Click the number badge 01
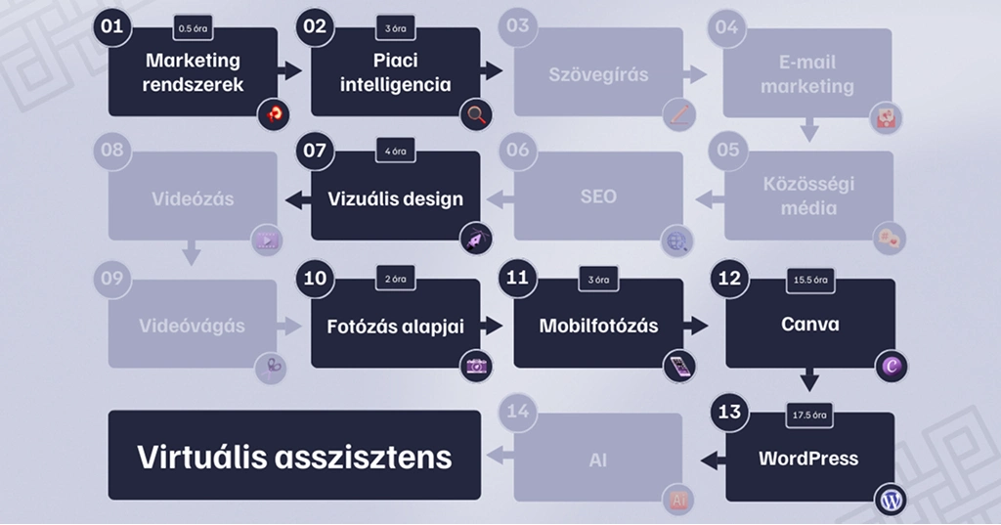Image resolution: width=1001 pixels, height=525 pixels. pyautogui.click(x=112, y=26)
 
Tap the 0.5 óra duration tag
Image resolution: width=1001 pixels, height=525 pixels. pyautogui.click(x=193, y=28)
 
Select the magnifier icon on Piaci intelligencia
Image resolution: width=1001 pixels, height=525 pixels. pyautogui.click(x=477, y=114)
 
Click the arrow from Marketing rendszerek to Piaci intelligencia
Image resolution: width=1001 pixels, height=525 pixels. pyautogui.click(x=290, y=70)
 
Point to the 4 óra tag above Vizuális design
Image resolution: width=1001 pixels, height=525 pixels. pyautogui.click(x=395, y=152)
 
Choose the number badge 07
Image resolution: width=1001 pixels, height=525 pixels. pyautogui.click(x=315, y=151)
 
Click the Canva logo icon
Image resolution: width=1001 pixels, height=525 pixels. pyautogui.click(x=891, y=367)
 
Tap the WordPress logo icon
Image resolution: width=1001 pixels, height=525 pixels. pyautogui.click(x=891, y=501)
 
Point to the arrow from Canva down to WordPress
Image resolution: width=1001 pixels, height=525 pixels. pyautogui.click(x=809, y=379)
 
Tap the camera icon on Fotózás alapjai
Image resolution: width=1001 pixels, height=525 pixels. pyautogui.click(x=477, y=367)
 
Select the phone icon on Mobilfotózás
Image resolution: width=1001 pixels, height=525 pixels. pyautogui.click(x=678, y=367)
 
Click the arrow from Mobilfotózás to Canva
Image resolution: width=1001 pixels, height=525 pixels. pyautogui.click(x=696, y=325)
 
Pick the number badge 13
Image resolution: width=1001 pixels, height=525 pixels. pyautogui.click(x=729, y=412)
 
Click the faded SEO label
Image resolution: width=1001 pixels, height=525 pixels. pyautogui.click(x=598, y=197)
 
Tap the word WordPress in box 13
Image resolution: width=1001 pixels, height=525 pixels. pyautogui.click(x=808, y=458)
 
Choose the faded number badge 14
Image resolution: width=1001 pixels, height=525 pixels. pyautogui.click(x=517, y=412)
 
